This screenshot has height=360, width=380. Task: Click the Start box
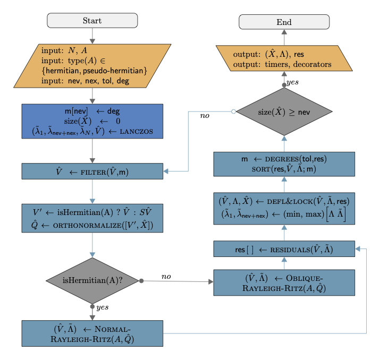(x=92, y=21)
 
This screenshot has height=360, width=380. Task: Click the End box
(x=284, y=22)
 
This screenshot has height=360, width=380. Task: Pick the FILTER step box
(x=92, y=171)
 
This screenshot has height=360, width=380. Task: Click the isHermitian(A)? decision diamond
(x=92, y=280)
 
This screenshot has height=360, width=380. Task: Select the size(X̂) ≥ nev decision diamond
(x=284, y=112)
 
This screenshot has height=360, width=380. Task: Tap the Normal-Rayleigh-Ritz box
(x=92, y=333)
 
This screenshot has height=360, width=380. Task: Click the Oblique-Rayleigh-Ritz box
(x=284, y=282)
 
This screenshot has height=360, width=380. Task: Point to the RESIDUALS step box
(x=284, y=248)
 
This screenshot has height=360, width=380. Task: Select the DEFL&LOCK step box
(x=284, y=208)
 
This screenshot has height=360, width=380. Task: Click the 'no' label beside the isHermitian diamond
(x=166, y=276)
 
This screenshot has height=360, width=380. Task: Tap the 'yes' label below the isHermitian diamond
(x=102, y=307)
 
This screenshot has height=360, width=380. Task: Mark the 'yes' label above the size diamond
(x=292, y=83)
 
